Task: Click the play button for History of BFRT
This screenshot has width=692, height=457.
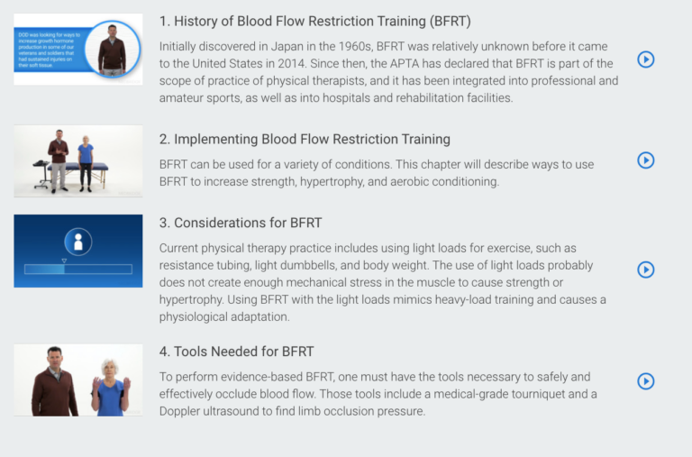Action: click(x=645, y=59)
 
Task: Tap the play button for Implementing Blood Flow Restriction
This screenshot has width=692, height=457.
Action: click(x=645, y=160)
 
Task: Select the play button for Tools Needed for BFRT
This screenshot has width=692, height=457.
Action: click(x=645, y=381)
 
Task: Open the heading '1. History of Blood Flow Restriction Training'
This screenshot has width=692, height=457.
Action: click(x=314, y=21)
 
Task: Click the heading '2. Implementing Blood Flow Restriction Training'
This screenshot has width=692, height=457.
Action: click(x=305, y=140)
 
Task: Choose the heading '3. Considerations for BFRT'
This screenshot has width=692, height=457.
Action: click(x=241, y=223)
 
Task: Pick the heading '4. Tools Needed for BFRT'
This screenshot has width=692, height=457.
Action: click(x=236, y=352)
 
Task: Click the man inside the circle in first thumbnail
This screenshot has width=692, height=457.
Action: click(x=113, y=50)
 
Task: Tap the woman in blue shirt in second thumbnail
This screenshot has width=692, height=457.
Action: click(x=86, y=161)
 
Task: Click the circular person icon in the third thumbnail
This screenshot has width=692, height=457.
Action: click(x=77, y=241)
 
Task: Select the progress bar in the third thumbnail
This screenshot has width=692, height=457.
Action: click(x=78, y=269)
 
